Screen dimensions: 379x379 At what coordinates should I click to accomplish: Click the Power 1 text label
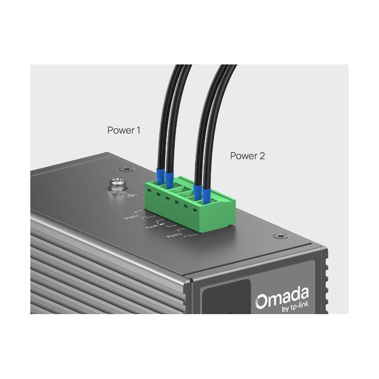pos(124,130)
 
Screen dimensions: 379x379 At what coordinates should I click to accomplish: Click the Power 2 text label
pos(247,155)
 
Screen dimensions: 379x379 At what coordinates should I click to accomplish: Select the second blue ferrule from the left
pos(169,178)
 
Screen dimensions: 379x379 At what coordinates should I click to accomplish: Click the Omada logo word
pos(282,299)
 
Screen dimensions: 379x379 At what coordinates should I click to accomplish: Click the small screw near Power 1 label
pos(126,169)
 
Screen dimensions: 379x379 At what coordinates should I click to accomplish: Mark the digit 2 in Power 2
pos(262,155)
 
